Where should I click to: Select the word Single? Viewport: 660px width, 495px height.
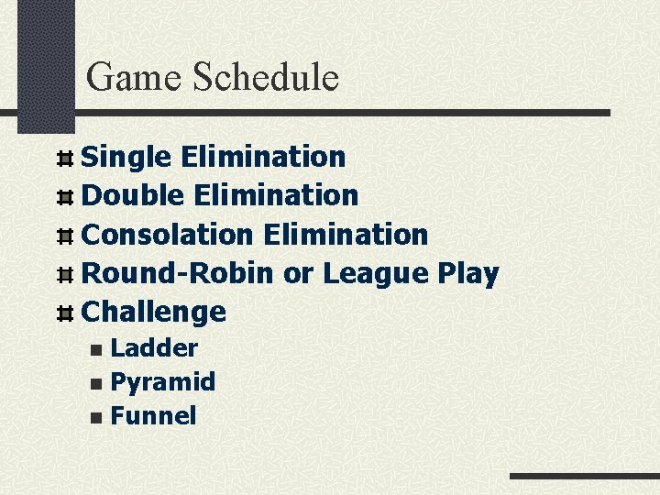[x=126, y=158]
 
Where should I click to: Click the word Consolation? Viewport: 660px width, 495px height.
[x=167, y=235]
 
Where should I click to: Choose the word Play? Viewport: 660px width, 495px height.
[x=467, y=273]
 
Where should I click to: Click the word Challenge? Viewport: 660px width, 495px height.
[x=154, y=313]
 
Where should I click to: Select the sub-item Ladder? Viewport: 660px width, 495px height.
[x=153, y=348]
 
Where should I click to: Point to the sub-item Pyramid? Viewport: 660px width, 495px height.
[x=162, y=382]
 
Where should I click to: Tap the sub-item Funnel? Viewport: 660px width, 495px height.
[x=152, y=416]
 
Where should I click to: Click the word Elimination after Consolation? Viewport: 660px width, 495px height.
[x=345, y=235]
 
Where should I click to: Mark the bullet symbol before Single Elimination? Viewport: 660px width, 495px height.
[x=64, y=159]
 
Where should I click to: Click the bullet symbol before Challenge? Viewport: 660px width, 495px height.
[x=64, y=313]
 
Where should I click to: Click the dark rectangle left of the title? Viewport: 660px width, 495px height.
[x=47, y=64]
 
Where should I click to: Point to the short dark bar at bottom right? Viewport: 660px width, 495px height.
[x=584, y=477]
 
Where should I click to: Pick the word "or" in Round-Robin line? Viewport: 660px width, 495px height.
[x=298, y=274]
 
